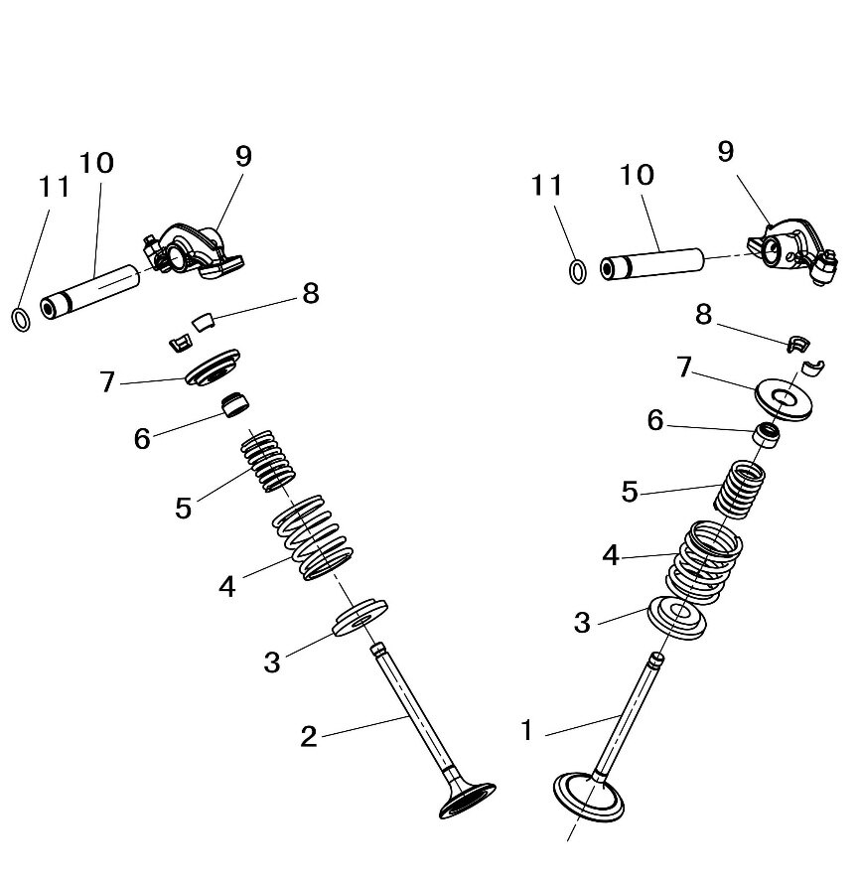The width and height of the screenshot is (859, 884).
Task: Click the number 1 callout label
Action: (527, 732)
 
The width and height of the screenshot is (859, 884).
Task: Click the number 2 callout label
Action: (309, 736)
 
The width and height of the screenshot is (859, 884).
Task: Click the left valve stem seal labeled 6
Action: (235, 404)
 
